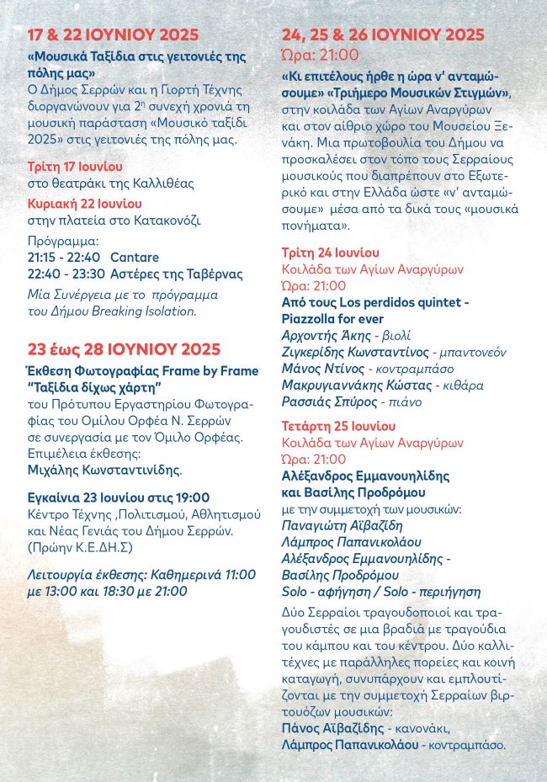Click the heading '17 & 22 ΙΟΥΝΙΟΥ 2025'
(113, 35)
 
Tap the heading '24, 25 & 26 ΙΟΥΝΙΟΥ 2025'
(383, 35)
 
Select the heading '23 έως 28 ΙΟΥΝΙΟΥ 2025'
(124, 349)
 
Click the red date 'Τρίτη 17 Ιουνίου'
(75, 166)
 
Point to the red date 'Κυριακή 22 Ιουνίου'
(84, 204)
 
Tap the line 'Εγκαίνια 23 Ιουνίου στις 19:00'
(119, 497)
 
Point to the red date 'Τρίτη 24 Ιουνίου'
(330, 253)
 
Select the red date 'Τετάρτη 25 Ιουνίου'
(338, 426)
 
